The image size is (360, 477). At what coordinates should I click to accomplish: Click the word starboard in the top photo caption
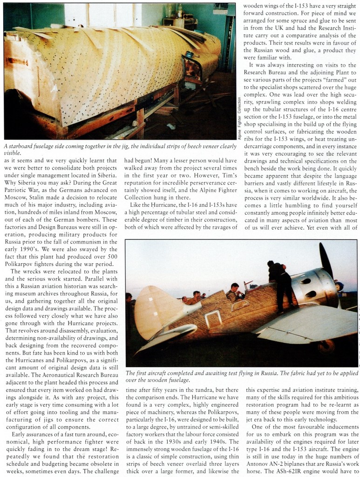[23, 146]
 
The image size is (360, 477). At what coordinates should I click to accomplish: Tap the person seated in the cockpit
[234, 292]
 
